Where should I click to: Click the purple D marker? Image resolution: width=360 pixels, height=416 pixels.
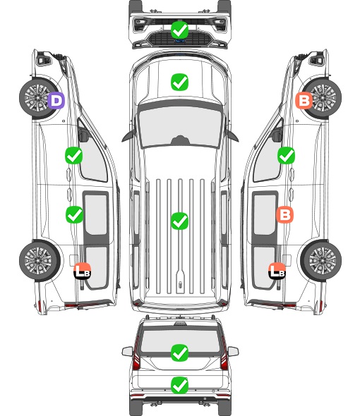tap(56, 101)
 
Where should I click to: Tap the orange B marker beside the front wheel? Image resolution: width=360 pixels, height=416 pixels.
tap(304, 101)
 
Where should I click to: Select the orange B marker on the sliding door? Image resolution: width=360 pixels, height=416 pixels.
tap(284, 214)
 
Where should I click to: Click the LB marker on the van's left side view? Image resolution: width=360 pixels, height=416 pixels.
tap(83, 271)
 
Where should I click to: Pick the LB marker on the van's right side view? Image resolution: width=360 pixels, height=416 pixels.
tap(277, 271)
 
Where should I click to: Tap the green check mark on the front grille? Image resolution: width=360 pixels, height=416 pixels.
tap(180, 30)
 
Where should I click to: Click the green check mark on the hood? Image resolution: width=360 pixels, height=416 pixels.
tap(179, 82)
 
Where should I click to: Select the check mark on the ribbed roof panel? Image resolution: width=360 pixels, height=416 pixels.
tap(179, 221)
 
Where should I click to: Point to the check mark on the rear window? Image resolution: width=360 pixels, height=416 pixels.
tap(179, 353)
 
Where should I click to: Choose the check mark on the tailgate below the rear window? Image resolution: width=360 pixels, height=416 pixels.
tap(179, 385)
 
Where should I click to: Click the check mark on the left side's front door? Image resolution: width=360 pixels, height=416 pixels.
tap(74, 155)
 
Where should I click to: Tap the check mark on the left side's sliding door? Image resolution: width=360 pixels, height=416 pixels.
tap(74, 214)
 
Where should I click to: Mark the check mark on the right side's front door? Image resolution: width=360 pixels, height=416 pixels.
tap(286, 155)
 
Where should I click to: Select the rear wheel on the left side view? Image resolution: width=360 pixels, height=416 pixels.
tap(40, 260)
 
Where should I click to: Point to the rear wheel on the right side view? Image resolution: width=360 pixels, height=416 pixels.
tap(321, 260)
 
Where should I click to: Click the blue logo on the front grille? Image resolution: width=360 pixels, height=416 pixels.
tap(180, 41)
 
